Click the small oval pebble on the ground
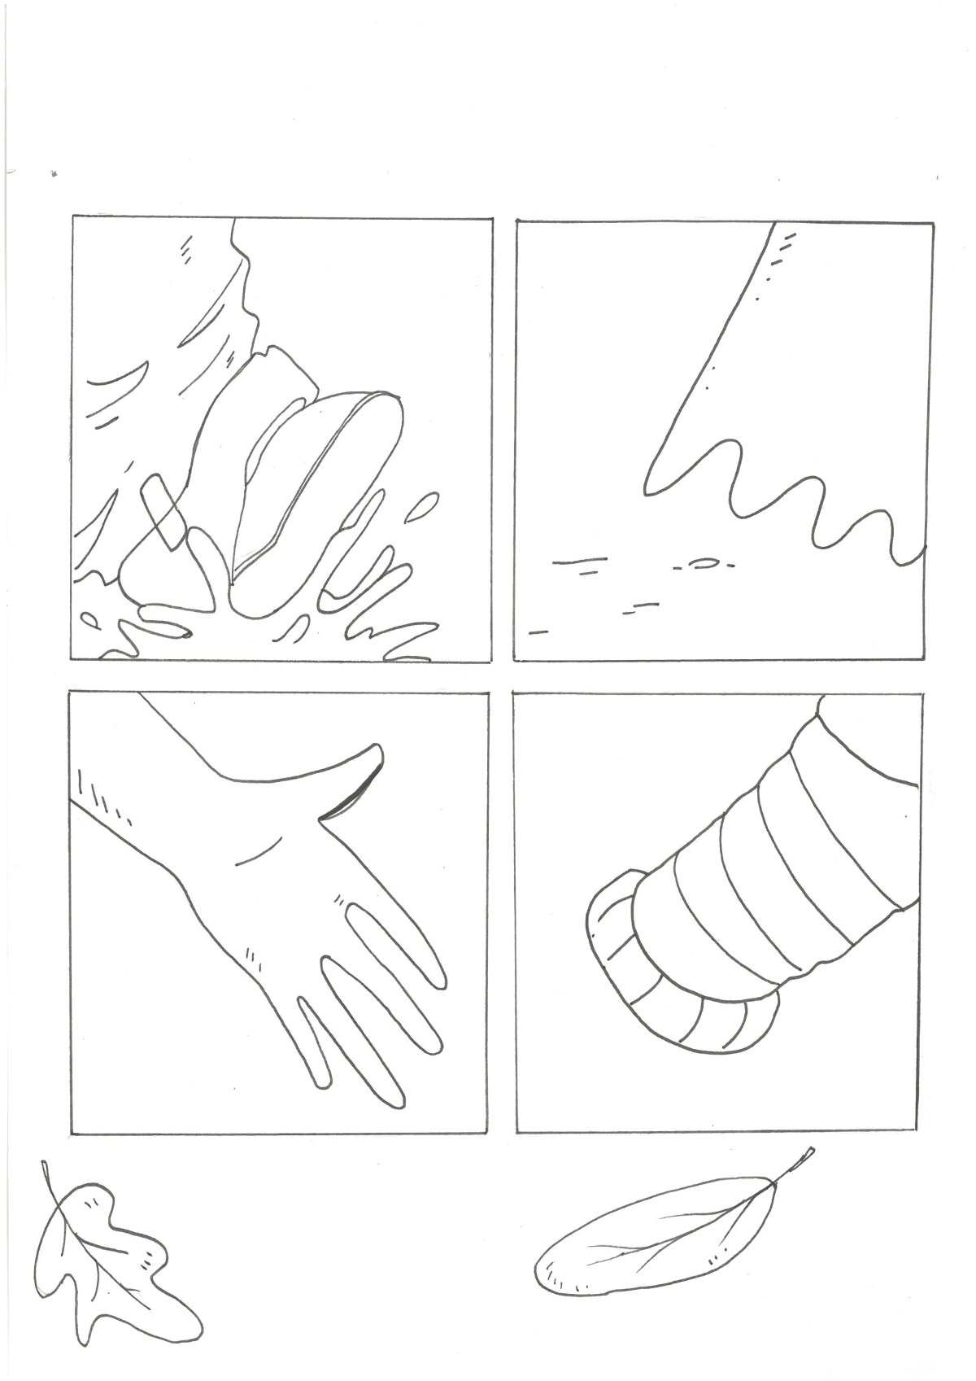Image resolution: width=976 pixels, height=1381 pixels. point(704,562)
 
